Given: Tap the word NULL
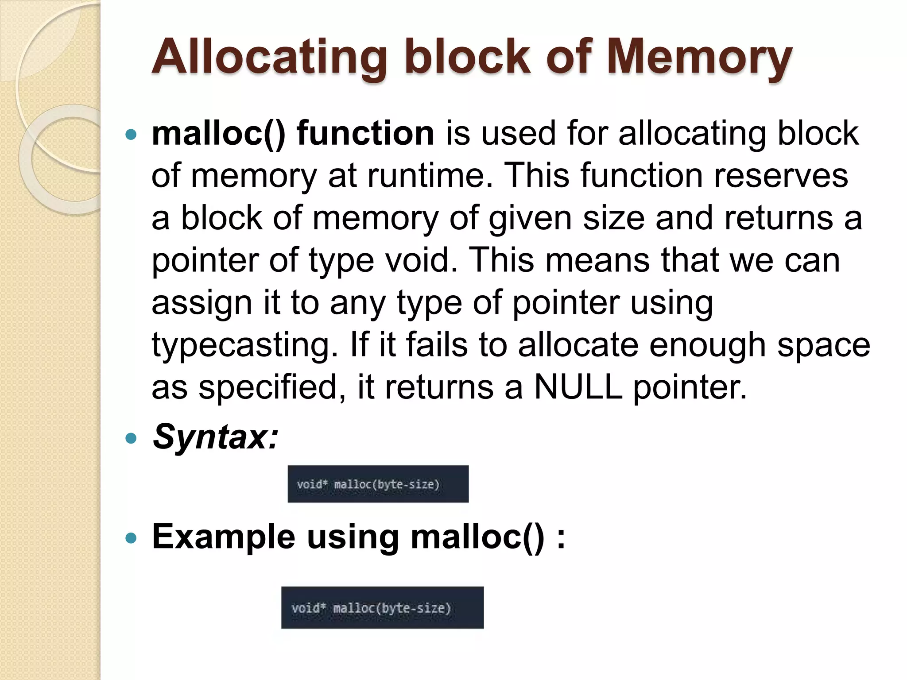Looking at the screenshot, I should click(578, 387).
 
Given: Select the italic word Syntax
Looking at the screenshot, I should click(215, 437).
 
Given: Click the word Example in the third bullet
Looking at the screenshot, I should click(224, 537).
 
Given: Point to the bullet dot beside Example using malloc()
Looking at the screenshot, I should click(131, 538).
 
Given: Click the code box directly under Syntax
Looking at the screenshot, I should click(378, 484).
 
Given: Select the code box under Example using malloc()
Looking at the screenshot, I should click(382, 607).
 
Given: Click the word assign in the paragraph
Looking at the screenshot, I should click(202, 303).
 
